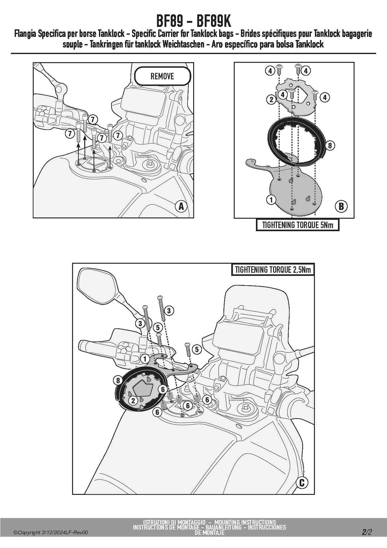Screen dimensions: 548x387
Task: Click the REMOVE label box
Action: (x=162, y=76)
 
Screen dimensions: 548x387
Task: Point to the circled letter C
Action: (x=302, y=483)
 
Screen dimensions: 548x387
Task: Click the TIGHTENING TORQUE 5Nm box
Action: (x=297, y=225)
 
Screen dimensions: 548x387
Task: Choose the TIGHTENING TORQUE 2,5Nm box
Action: (x=273, y=270)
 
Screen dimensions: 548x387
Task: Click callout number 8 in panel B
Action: (x=330, y=145)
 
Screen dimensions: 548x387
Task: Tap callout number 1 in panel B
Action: (x=271, y=200)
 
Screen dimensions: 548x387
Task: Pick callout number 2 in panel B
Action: (x=271, y=100)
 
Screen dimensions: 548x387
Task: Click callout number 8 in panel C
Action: (x=118, y=380)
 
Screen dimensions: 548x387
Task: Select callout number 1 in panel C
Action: (x=145, y=359)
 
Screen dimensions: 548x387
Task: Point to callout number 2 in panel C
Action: (x=133, y=401)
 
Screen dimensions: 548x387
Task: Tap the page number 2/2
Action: (x=367, y=532)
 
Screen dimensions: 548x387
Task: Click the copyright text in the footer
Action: (x=51, y=533)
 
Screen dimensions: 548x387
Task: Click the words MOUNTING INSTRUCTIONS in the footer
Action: (x=245, y=522)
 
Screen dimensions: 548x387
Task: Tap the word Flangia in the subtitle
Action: (x=25, y=34)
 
